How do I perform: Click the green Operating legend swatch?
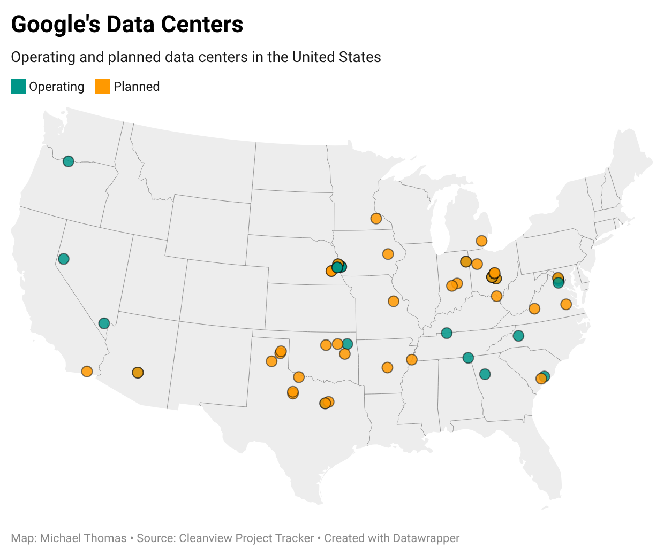pyautogui.click(x=18, y=87)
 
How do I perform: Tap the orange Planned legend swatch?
pyautogui.click(x=103, y=87)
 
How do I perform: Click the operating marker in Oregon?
pyautogui.click(x=68, y=161)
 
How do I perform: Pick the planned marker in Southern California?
pyautogui.click(x=87, y=371)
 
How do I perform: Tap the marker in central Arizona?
pyautogui.click(x=138, y=373)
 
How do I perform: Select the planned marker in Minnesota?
pyautogui.click(x=376, y=218)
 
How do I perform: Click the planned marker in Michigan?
pyautogui.click(x=481, y=241)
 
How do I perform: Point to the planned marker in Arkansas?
pyautogui.click(x=387, y=367)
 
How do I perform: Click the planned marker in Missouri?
pyautogui.click(x=394, y=302)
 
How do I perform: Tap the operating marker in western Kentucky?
pyautogui.click(x=447, y=333)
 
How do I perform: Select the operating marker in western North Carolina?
pyautogui.click(x=518, y=336)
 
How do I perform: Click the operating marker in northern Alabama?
pyautogui.click(x=468, y=358)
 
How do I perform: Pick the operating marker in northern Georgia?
pyautogui.click(x=485, y=374)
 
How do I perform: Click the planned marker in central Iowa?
pyautogui.click(x=388, y=253)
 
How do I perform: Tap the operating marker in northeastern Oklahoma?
pyautogui.click(x=348, y=344)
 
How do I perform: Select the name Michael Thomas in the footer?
pyautogui.click(x=83, y=538)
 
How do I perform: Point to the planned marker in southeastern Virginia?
pyautogui.click(x=566, y=304)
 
